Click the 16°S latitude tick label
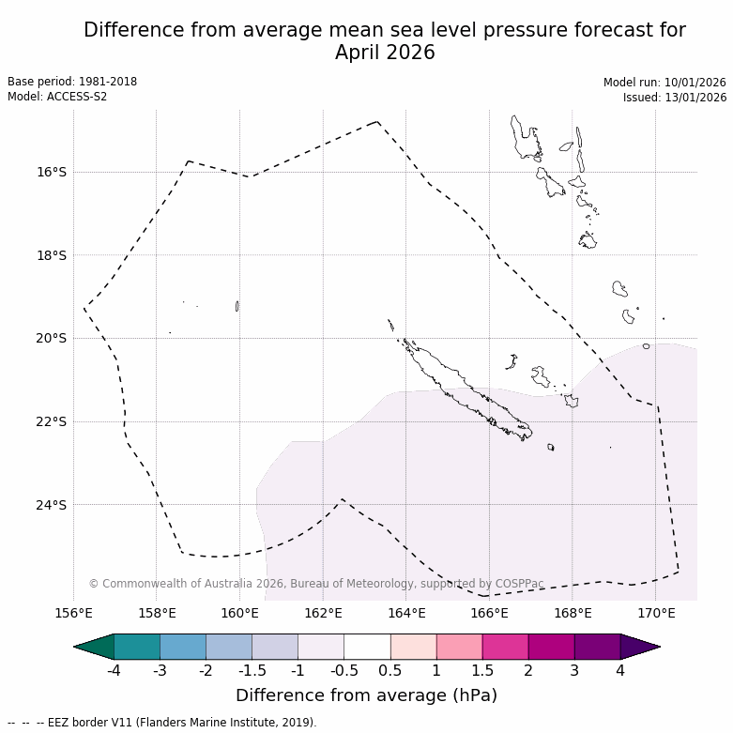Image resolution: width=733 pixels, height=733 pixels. point(52,172)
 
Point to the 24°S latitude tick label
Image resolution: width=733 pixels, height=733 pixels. point(52,505)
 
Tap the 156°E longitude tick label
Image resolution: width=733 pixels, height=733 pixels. point(74,614)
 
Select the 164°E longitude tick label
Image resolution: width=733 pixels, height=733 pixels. point(406,614)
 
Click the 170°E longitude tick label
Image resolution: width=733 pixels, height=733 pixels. point(656,614)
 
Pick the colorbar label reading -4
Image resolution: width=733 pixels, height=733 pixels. point(113,670)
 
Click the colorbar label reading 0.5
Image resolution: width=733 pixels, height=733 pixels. point(390,670)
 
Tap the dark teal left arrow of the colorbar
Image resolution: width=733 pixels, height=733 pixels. point(94,647)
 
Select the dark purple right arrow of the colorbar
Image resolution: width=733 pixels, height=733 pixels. point(639,647)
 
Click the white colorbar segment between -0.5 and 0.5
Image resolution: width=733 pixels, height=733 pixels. point(367,647)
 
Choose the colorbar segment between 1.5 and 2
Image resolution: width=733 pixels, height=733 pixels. point(505,647)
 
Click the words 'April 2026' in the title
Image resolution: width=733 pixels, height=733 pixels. point(385,53)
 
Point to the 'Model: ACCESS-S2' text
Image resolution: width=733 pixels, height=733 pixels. point(57,97)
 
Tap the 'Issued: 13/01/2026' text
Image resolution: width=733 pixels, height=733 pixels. point(675,97)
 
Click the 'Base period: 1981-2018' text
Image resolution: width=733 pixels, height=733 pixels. point(72,82)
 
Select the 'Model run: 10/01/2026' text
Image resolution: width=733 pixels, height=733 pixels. point(664,82)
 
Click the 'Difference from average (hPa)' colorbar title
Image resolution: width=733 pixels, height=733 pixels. point(366,695)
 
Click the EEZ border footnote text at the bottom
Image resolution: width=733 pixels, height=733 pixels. point(161,723)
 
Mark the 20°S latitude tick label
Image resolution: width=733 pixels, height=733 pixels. point(52,338)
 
